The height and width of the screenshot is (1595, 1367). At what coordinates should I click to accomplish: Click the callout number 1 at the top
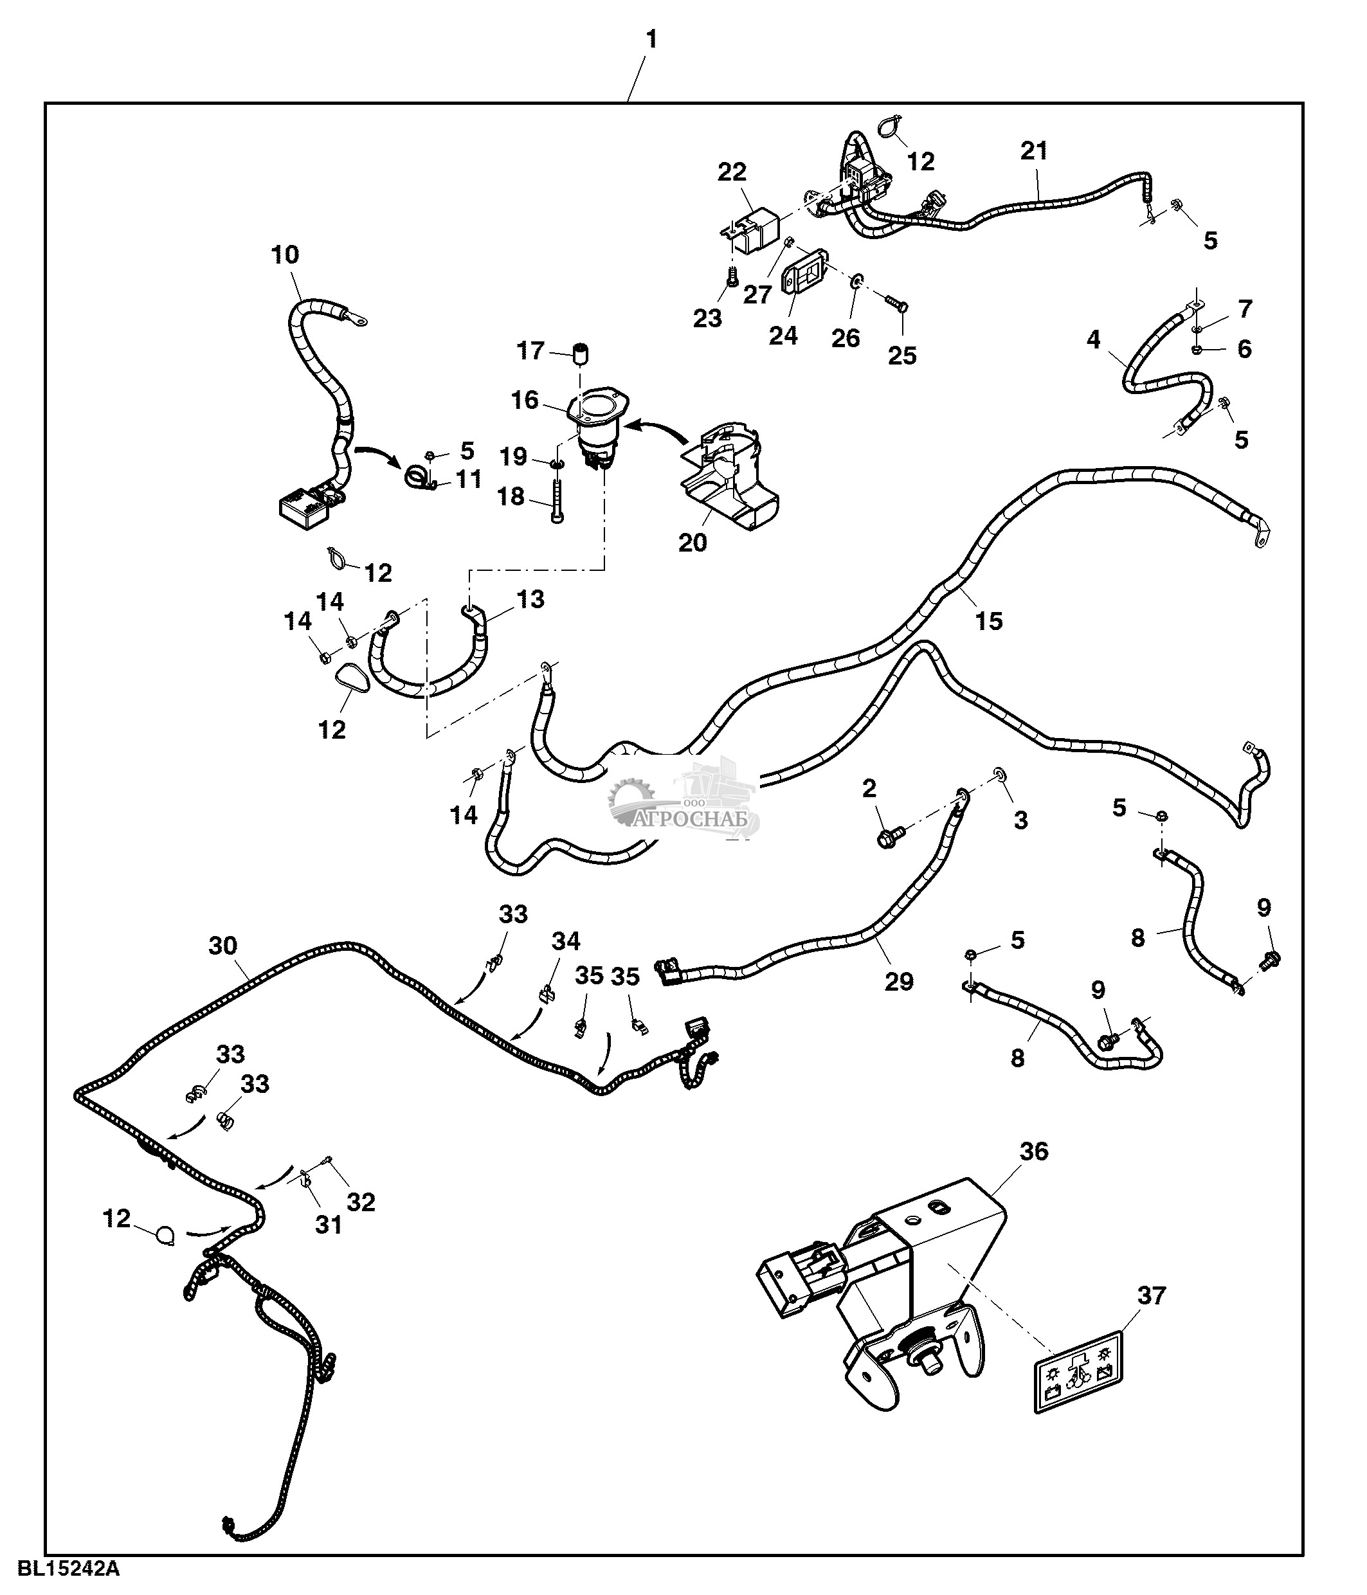651,40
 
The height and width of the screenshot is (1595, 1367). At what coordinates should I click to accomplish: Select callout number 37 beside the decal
1152,1295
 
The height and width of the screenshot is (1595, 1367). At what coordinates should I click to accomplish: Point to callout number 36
1034,1151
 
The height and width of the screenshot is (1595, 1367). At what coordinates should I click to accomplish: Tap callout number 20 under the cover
693,543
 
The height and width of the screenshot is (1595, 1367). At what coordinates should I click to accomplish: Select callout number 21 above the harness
1034,151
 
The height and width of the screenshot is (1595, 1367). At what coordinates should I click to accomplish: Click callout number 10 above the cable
285,255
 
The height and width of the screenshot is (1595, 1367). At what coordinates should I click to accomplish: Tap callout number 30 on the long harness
223,945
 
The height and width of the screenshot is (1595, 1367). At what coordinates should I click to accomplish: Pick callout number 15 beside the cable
989,620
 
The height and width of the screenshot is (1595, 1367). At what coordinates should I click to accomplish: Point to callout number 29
898,982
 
